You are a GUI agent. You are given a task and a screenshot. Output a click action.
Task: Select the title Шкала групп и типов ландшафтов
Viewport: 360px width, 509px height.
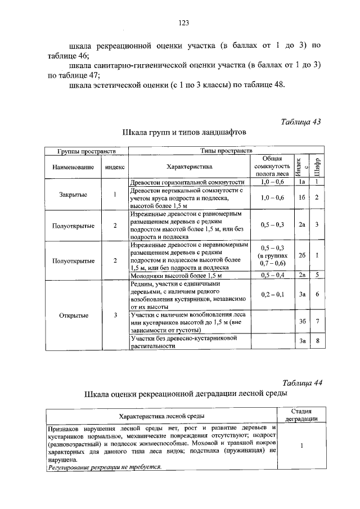pyautogui.click(x=184, y=133)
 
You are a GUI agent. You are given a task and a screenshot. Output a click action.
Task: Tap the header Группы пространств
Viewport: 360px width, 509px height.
pyautogui.click(x=87, y=151)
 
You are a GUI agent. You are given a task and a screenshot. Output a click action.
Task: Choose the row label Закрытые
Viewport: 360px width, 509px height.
pyautogui.click(x=73, y=195)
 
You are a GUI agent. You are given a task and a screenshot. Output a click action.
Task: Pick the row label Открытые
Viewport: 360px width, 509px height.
pyautogui.click(x=73, y=314)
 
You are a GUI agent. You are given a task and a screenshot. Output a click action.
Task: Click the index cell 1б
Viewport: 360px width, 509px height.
pyautogui.click(x=302, y=197)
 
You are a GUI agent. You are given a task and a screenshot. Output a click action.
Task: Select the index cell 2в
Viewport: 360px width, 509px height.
pyautogui.click(x=302, y=275)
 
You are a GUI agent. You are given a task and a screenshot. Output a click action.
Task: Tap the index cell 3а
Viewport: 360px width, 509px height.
pyautogui.click(x=302, y=294)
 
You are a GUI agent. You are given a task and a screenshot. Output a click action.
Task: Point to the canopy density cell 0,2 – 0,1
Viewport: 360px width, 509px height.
pyautogui.click(x=273, y=294)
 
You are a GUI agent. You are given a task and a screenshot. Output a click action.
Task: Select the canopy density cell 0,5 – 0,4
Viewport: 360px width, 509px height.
pyautogui.click(x=273, y=275)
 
